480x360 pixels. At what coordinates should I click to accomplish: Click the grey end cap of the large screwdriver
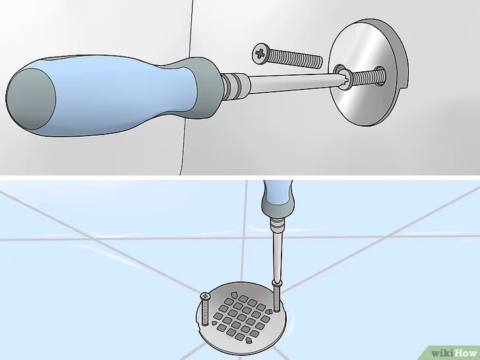coord(30,99)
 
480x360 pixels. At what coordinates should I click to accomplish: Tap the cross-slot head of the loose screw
coord(260,54)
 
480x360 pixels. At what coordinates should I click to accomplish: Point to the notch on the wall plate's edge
coord(405,86)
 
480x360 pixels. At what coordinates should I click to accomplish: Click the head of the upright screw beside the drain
coord(206,295)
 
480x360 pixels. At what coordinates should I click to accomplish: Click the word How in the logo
coord(465,353)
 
